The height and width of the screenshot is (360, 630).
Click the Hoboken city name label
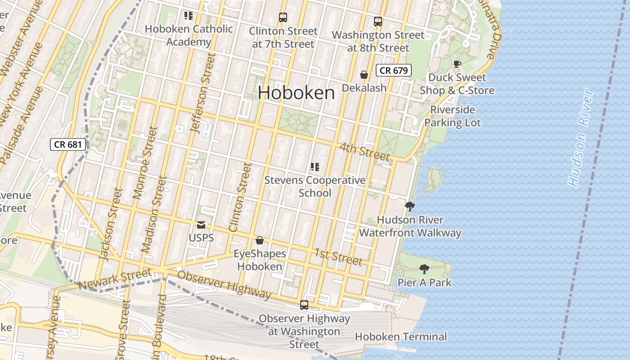pos(296,93)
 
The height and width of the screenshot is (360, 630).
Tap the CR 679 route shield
pos(394,70)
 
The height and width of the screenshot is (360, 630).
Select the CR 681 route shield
pos(68,144)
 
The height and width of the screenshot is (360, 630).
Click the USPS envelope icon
pos(201,225)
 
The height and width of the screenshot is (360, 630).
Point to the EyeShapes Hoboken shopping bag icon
pos(260,241)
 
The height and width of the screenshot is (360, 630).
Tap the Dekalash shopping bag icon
pos(364,75)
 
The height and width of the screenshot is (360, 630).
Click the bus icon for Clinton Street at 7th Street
pos(283,18)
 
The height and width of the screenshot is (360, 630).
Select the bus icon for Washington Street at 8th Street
pos(378,21)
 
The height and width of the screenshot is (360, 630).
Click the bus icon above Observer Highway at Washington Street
pos(304,305)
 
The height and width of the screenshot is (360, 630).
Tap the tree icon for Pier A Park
pos(424,269)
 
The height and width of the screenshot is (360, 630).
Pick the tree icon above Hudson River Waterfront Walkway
pos(409,207)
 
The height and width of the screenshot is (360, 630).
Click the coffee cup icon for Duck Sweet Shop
pos(457,64)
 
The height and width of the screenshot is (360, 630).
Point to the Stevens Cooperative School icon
pos(315,167)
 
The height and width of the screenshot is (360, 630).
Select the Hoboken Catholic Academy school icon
pos(189,16)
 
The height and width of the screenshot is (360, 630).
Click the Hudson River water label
pos(581,138)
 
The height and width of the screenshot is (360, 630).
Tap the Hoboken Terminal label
pos(400,337)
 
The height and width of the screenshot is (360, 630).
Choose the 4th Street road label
pos(364,152)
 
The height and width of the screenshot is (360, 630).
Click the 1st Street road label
pos(338,256)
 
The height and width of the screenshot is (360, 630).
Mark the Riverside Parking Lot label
pos(453,116)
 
